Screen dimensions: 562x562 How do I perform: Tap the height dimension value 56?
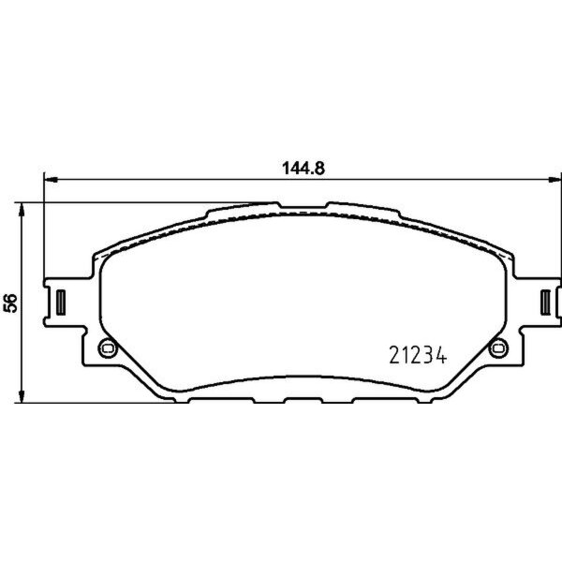(x=11, y=303)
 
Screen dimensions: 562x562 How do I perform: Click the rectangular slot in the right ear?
(x=546, y=302)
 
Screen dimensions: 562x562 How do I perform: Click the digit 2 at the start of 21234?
(x=394, y=355)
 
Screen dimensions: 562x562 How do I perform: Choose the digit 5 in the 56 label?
(x=11, y=308)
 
